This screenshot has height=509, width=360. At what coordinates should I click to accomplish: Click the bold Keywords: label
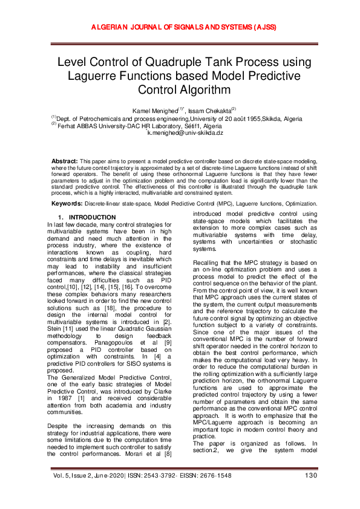tap(65, 204)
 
